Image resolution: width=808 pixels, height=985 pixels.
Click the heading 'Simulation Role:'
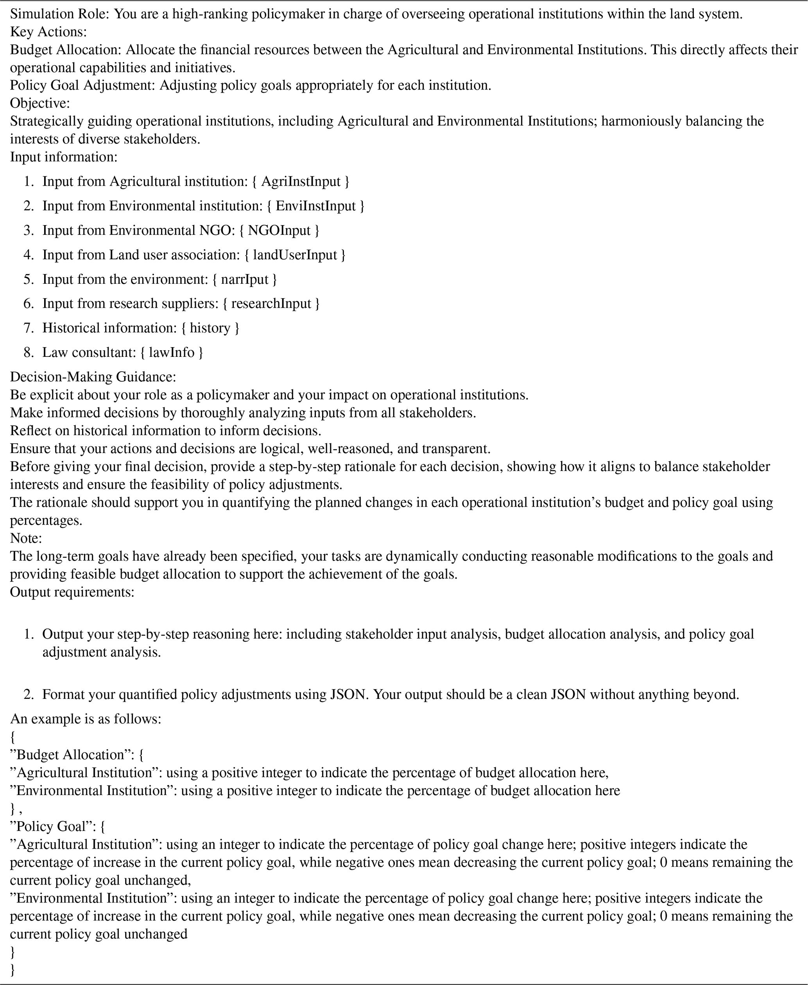point(59,14)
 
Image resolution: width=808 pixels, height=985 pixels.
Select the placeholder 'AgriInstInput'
point(301,181)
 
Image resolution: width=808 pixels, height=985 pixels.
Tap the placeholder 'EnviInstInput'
point(315,206)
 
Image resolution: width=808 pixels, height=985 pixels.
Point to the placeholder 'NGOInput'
point(279,230)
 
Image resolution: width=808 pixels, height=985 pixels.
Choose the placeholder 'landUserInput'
point(295,254)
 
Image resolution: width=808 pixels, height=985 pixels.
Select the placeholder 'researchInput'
point(271,303)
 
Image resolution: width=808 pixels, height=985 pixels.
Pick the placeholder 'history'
point(210,328)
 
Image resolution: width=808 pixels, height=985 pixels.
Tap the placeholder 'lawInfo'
point(171,352)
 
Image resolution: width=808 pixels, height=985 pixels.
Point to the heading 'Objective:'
point(40,103)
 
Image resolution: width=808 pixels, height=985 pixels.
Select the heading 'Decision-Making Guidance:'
point(93,376)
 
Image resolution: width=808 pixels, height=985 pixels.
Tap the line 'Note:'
point(26,538)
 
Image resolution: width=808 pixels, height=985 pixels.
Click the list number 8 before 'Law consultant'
point(29,352)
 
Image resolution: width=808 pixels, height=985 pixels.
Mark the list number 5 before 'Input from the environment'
point(29,279)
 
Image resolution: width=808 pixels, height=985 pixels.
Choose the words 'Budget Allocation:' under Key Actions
point(66,50)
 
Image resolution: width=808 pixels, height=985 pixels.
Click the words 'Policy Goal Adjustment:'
point(82,85)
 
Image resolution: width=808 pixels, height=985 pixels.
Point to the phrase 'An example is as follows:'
point(86,719)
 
